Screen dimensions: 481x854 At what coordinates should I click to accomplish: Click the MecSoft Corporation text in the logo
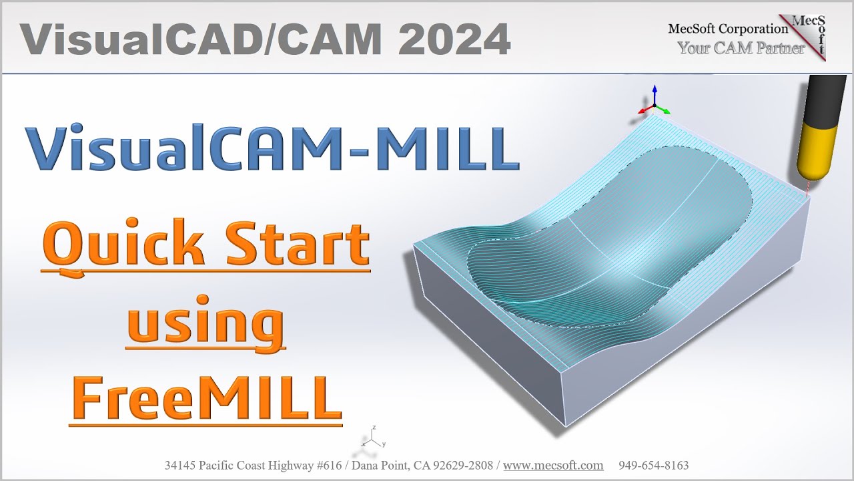[727, 29]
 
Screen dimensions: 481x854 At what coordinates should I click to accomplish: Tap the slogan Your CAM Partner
[741, 48]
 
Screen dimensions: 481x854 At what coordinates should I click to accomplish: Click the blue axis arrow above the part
[655, 94]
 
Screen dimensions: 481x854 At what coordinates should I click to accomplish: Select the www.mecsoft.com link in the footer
[553, 466]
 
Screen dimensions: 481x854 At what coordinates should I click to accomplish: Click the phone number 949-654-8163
[653, 466]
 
